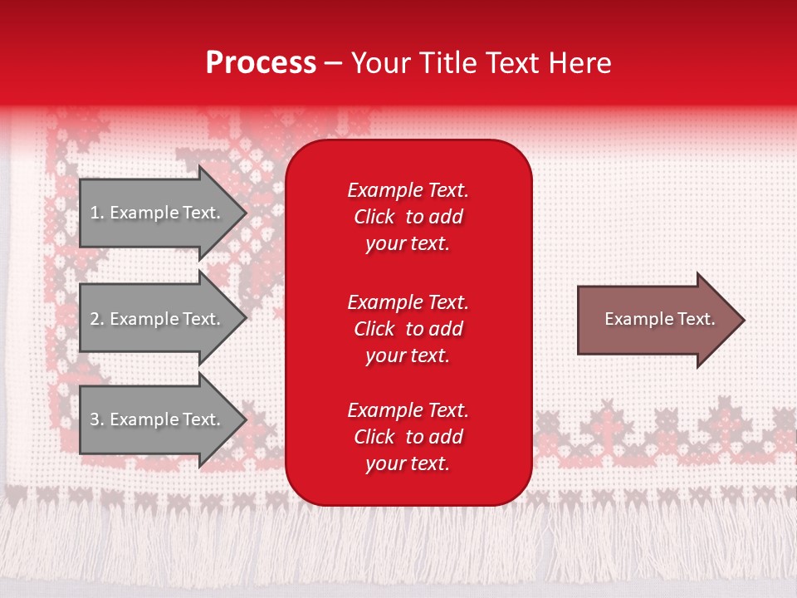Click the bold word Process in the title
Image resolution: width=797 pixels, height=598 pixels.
[261, 63]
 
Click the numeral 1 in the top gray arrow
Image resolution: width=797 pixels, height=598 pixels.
[95, 213]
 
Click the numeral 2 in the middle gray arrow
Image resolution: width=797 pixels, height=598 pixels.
[95, 319]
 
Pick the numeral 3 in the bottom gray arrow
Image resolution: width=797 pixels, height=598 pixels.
[95, 419]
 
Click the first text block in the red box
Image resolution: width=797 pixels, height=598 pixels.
[408, 217]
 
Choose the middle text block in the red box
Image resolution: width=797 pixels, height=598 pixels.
[408, 329]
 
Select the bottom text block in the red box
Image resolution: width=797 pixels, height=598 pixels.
[408, 437]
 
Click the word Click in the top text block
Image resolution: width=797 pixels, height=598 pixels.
[374, 217]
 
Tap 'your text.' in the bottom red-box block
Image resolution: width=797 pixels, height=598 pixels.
[408, 463]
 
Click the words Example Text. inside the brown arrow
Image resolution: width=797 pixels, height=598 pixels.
[659, 319]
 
